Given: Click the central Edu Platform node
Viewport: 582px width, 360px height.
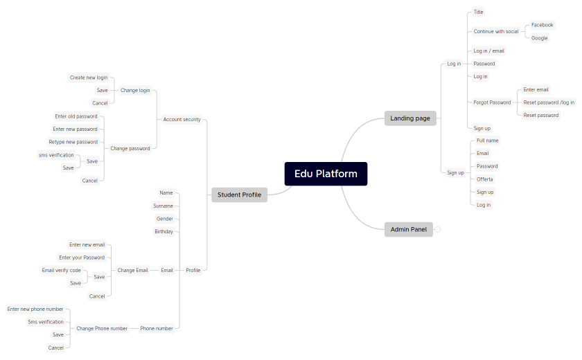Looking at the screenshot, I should click(x=326, y=174).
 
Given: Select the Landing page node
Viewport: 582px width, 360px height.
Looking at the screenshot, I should click(x=410, y=118).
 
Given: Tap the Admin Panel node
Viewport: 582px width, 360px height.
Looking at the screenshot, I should click(x=409, y=229).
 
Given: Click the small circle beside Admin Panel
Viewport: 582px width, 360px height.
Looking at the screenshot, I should click(x=438, y=229).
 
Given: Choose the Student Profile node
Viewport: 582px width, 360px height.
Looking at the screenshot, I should click(x=239, y=195).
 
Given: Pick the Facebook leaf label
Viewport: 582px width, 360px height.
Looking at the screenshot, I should click(x=543, y=25).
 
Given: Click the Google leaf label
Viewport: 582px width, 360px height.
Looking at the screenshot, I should click(x=540, y=38).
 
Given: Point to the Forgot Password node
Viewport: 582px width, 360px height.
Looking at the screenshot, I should click(x=492, y=102).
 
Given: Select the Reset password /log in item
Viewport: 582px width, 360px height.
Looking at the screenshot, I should click(x=549, y=102).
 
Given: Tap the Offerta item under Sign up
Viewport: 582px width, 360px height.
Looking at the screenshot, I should click(x=485, y=179).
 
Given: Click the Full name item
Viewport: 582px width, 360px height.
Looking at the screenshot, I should click(x=488, y=141).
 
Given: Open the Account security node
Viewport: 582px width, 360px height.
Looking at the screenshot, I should click(x=182, y=119).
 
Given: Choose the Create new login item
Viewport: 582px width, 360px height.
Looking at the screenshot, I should click(x=89, y=78).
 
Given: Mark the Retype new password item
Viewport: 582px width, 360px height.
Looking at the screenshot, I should click(x=73, y=142).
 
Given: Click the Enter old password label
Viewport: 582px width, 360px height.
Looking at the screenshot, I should click(x=76, y=116).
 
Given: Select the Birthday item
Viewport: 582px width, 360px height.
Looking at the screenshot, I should click(x=164, y=231).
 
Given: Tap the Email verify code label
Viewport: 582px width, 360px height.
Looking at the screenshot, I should click(x=61, y=270).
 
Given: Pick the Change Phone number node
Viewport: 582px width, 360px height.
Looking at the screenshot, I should click(x=102, y=328).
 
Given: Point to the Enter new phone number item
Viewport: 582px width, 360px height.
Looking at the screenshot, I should click(x=35, y=309).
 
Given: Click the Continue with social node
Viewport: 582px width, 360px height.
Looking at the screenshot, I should click(x=496, y=31).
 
